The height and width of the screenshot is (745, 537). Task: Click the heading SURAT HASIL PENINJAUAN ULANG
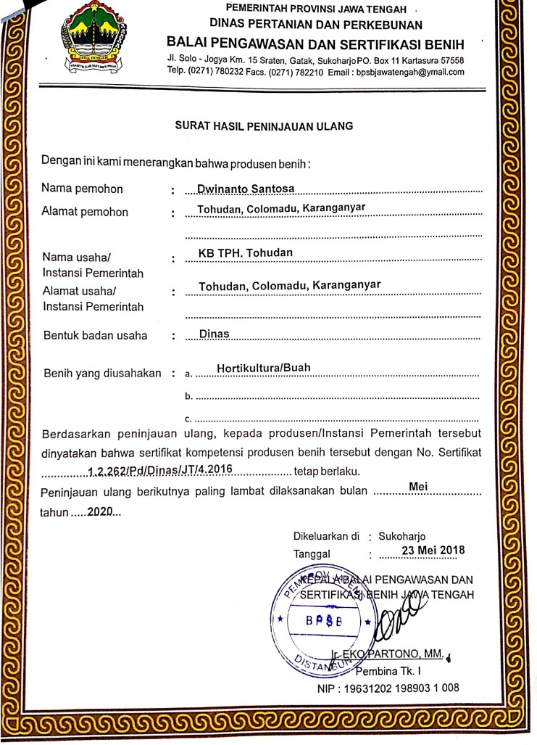[x=264, y=125]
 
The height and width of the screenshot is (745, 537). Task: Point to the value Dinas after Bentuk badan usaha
[x=213, y=334]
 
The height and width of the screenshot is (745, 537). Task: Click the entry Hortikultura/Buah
[x=263, y=368]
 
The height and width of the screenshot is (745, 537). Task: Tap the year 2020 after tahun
[x=102, y=511]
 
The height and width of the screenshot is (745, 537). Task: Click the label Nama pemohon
[x=82, y=189]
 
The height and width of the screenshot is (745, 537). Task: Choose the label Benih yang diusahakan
[x=102, y=373]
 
